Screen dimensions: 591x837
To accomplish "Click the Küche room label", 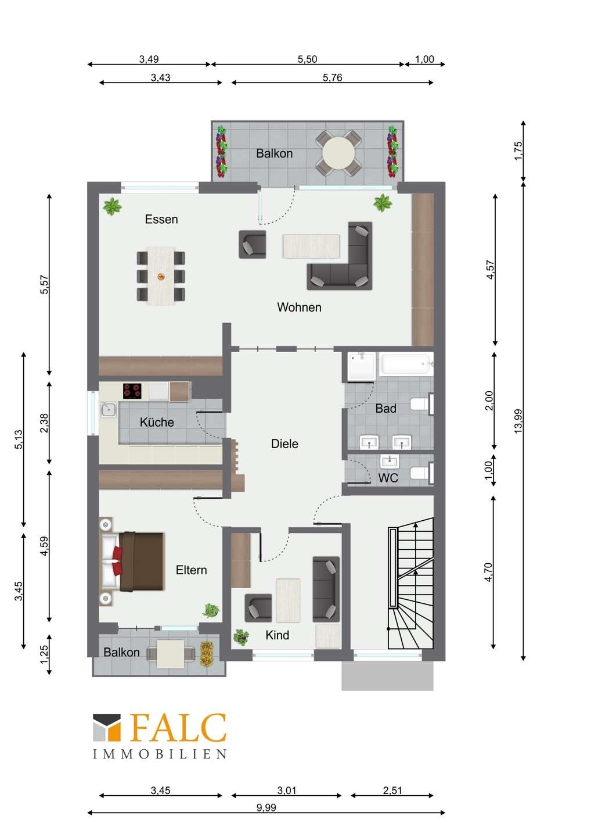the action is [x=157, y=422].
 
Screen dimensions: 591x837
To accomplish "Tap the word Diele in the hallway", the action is [x=284, y=444].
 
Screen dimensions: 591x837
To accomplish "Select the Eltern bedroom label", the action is [x=191, y=570].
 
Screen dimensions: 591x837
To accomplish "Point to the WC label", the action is [x=388, y=478].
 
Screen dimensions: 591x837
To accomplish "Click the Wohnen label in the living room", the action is [x=299, y=307].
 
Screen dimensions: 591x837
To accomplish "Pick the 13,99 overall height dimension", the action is [x=518, y=421].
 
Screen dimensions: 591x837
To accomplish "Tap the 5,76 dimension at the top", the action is [x=332, y=78].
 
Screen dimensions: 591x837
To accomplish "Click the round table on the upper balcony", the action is [x=338, y=153].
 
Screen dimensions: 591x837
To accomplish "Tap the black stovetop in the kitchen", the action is [x=132, y=391].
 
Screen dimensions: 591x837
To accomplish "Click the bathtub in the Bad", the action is [x=406, y=364].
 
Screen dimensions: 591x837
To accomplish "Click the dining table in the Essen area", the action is [x=161, y=276].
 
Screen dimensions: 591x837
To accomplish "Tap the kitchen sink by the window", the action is [x=109, y=410].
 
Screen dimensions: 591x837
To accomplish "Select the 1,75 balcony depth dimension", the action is [x=518, y=151].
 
